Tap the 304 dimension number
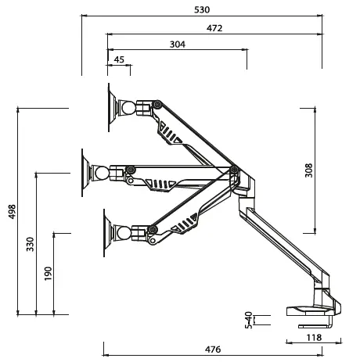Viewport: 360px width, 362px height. pos(178,45)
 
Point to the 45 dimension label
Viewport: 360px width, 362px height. pos(119,59)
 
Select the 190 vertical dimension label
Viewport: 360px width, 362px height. pos(49,274)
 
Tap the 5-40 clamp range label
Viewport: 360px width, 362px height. pos(249,321)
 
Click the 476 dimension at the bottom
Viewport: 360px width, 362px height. pos(214,349)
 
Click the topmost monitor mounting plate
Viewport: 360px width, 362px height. pos(113,106)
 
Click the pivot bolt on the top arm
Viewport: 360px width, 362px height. pos(157,104)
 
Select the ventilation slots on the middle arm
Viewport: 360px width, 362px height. pos(159,185)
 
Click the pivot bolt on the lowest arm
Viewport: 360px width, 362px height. pos(153,229)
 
